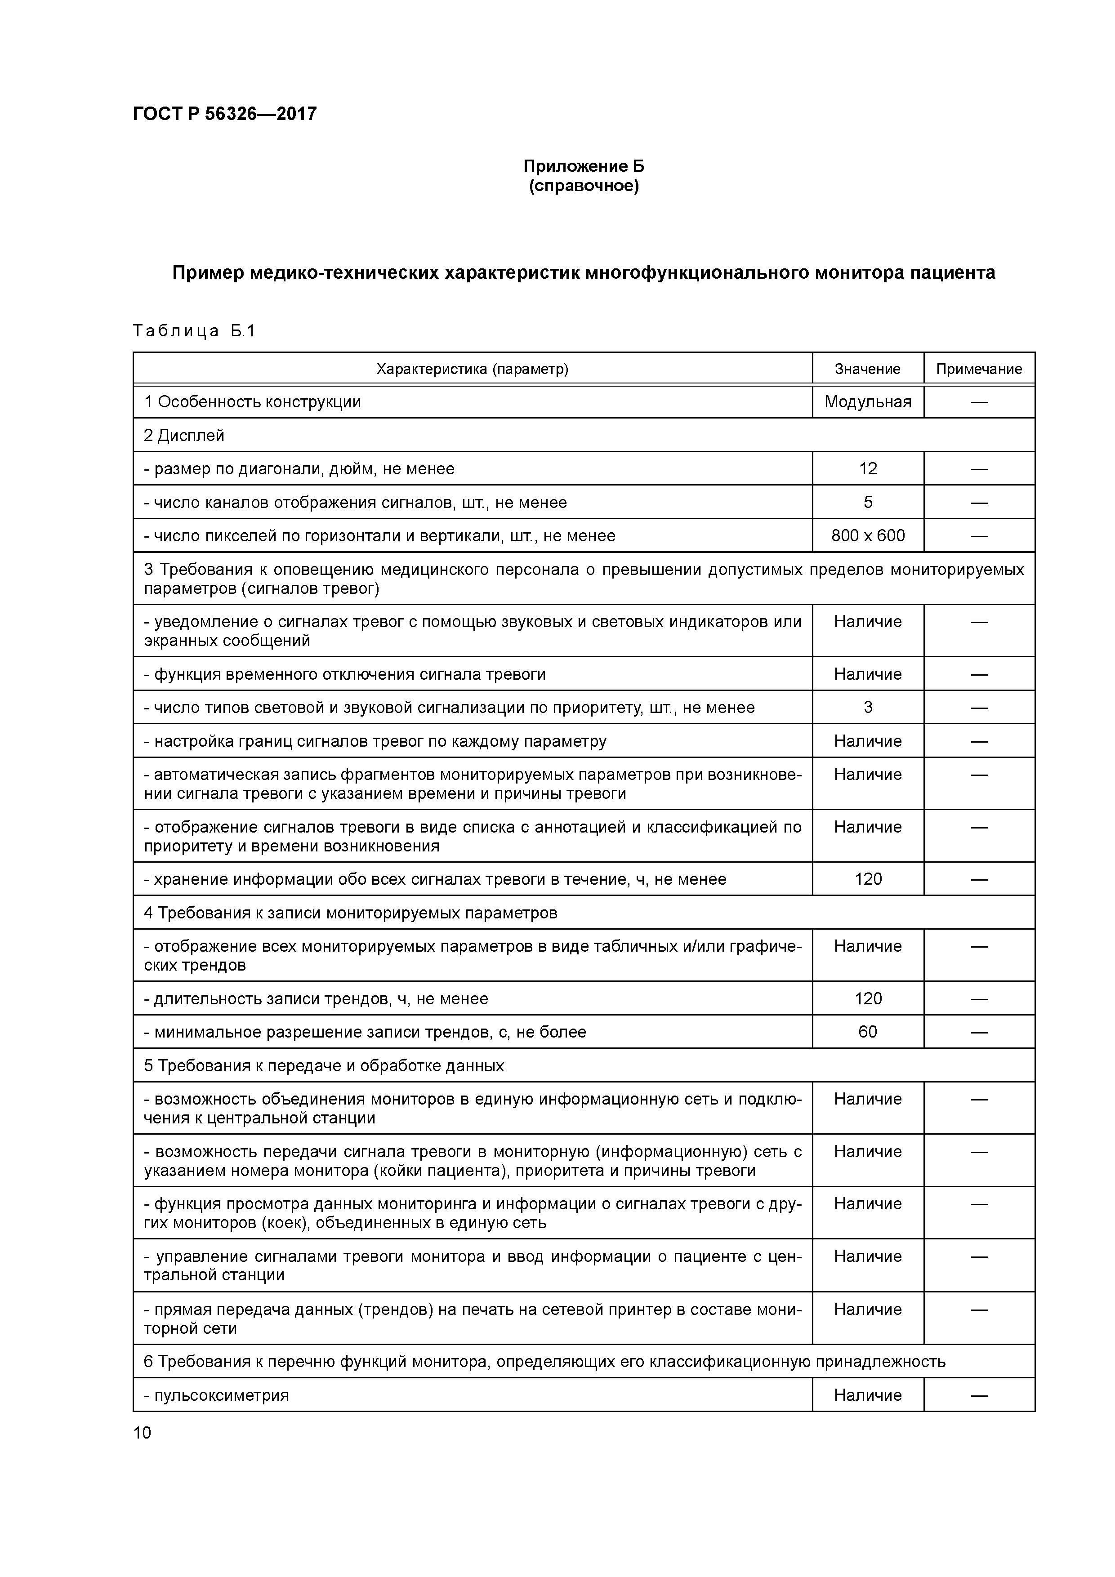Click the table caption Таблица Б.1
(x=194, y=331)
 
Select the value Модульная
(x=868, y=402)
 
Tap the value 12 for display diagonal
(x=868, y=468)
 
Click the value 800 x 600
(x=868, y=536)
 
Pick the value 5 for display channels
(x=868, y=502)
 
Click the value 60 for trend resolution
(x=868, y=1032)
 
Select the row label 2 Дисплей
(x=184, y=436)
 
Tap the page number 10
(x=142, y=1432)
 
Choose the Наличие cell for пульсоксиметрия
(x=868, y=1395)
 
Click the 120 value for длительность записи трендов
(x=868, y=998)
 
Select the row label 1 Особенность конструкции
(x=252, y=402)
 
